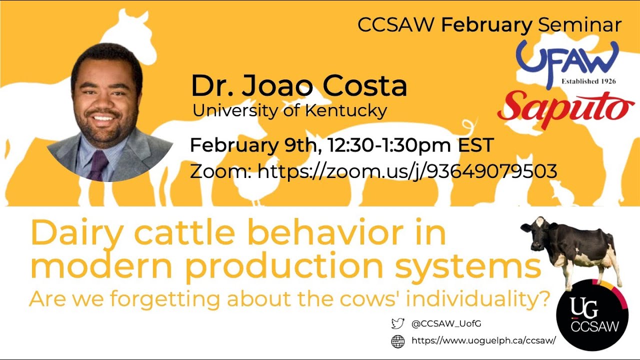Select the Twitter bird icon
pyautogui.click(x=397, y=323)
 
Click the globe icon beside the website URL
pyautogui.click(x=397, y=341)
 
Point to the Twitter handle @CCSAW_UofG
pyautogui.click(x=446, y=323)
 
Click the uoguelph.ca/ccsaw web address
pyautogui.click(x=483, y=340)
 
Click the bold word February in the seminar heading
pyautogui.click(x=486, y=25)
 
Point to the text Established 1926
pyautogui.click(x=588, y=81)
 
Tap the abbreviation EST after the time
pyautogui.click(x=475, y=145)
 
